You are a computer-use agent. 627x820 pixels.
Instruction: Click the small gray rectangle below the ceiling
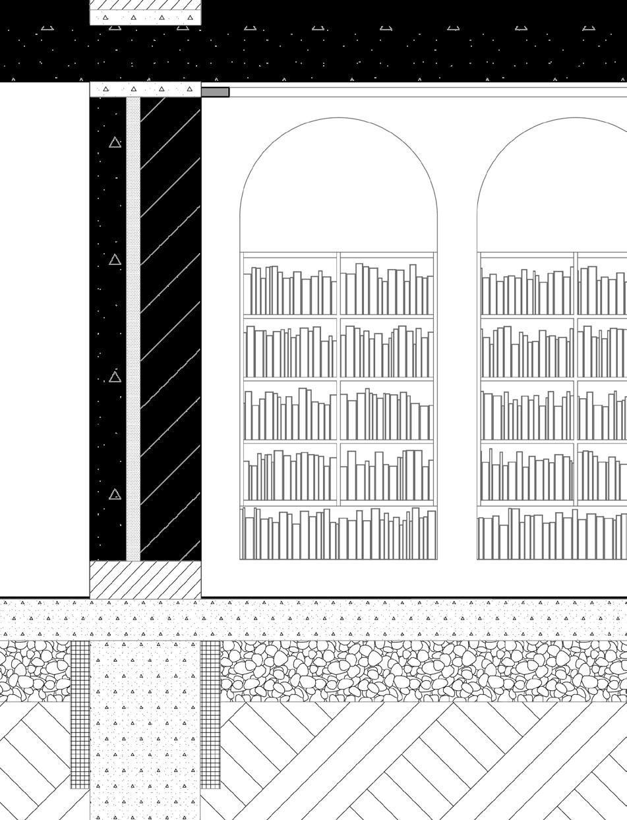tap(215, 92)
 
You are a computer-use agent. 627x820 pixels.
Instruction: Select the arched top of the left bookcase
tap(338, 185)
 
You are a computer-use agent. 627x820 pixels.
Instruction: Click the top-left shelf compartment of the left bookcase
tap(290, 285)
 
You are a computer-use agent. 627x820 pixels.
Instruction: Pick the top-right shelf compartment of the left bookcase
tap(387, 285)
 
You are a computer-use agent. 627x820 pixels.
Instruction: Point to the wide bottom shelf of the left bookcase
tap(338, 534)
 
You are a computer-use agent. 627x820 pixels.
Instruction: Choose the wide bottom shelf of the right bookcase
tap(552, 534)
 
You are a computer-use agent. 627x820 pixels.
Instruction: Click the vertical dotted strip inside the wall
tap(133, 330)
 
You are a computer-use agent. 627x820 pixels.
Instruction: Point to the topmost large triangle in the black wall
tap(115, 142)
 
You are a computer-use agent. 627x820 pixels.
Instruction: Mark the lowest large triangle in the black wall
tap(115, 494)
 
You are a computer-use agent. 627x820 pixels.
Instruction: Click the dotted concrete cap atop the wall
tap(145, 89)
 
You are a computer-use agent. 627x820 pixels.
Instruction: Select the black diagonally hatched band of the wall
tap(171, 330)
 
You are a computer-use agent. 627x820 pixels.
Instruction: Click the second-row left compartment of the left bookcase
tap(290, 348)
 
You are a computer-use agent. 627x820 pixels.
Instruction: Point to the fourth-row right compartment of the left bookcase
tap(387, 473)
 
